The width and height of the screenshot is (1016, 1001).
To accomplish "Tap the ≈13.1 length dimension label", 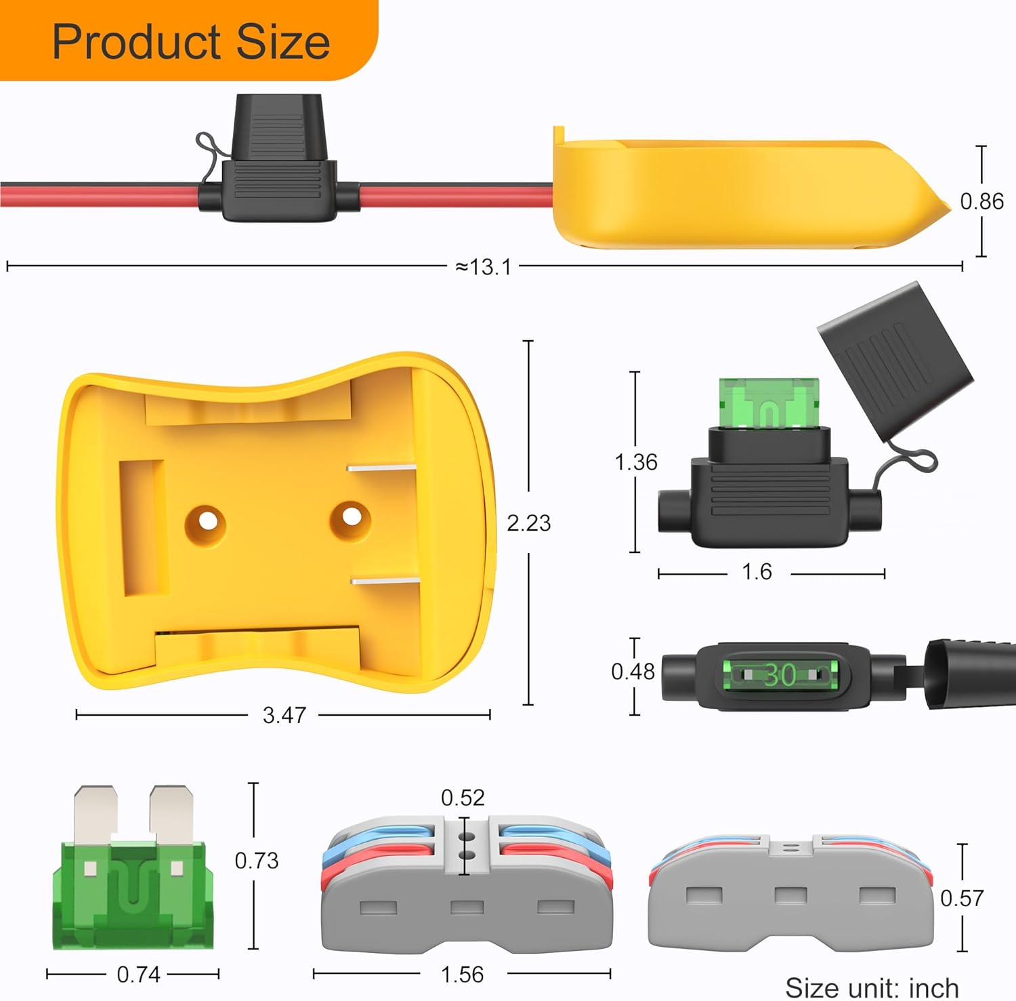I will [483, 267].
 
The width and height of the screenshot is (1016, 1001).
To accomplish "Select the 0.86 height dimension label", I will [981, 201].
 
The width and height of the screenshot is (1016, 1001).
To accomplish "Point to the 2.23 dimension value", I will [528, 523].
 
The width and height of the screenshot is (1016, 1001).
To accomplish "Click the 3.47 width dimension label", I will [284, 714].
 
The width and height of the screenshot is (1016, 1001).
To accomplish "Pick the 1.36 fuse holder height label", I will [635, 462].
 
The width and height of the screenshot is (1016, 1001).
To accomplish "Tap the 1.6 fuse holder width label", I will [757, 572].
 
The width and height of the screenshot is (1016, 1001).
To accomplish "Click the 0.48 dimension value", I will [633, 672].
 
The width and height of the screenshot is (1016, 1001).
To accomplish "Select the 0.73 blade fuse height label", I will [256, 861].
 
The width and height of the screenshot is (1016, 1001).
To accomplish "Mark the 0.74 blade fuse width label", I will [138, 975].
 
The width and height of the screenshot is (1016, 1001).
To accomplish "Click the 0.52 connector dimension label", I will [463, 798].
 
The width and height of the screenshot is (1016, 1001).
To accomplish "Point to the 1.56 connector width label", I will [462, 975].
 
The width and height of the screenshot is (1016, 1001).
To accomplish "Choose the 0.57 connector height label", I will [961, 899].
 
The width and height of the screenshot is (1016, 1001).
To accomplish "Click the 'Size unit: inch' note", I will [872, 987].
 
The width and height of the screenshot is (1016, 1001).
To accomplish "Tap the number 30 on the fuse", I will [780, 675].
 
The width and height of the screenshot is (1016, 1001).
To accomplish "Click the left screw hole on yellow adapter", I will [205, 523].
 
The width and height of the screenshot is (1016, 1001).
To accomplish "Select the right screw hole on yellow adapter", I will [350, 517].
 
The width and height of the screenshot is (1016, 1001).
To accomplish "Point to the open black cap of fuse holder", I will [894, 359].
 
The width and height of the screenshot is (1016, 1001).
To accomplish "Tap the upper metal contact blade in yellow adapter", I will [381, 467].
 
